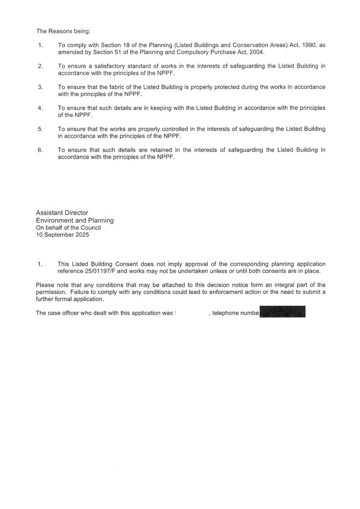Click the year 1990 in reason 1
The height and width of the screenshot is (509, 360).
tap(305, 45)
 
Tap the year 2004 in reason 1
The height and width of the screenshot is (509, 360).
tap(257, 52)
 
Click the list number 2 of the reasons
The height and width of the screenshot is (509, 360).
tap(40, 66)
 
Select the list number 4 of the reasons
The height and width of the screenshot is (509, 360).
tap(40, 108)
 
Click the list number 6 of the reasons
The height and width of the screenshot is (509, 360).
tap(40, 150)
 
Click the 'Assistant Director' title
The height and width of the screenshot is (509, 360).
tap(62, 213)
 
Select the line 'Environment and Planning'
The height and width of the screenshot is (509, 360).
tap(75, 220)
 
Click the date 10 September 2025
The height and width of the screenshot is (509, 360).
tap(63, 235)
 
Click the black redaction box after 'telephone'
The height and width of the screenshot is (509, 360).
tap(282, 312)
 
